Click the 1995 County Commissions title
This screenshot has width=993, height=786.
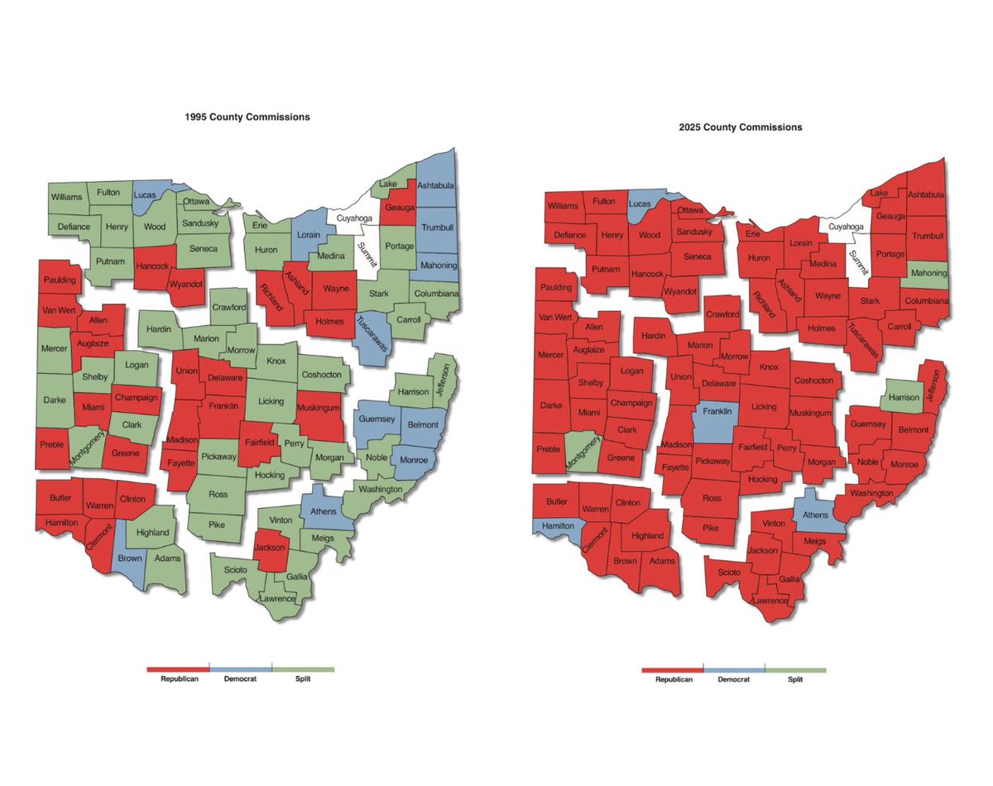point(247,117)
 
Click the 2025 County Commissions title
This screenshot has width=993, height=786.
point(739,127)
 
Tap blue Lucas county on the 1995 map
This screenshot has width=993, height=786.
point(149,196)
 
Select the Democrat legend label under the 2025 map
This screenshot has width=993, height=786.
point(733,679)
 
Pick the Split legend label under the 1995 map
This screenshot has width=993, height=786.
point(303,680)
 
